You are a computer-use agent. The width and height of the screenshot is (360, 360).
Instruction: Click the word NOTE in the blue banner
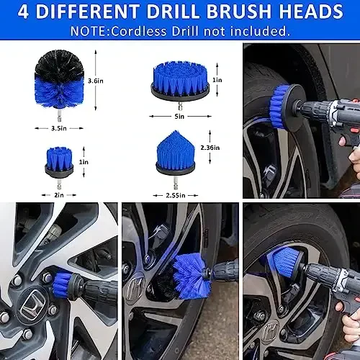click(x=89, y=32)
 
